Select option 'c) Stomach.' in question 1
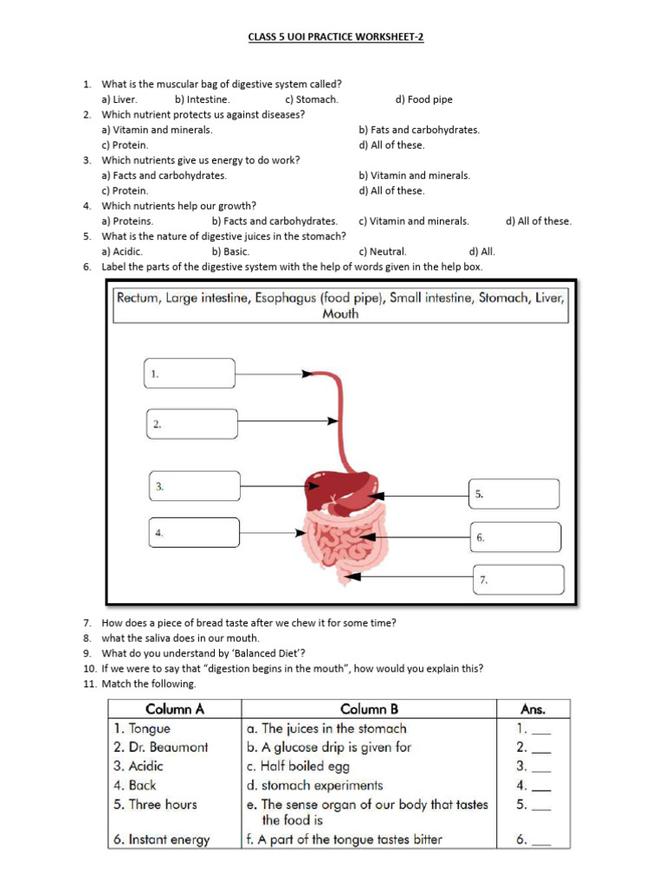[x=311, y=100]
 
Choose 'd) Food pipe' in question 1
[x=423, y=100]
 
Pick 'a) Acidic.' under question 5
[x=122, y=251]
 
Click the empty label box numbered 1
[x=190, y=374]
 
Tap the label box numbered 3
[x=194, y=486]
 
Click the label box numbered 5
[x=513, y=494]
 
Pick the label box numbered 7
[x=519, y=580]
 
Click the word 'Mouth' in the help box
[x=340, y=314]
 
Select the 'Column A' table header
[x=174, y=709]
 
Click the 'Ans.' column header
[x=533, y=709]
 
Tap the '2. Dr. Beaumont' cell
[x=160, y=747]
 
